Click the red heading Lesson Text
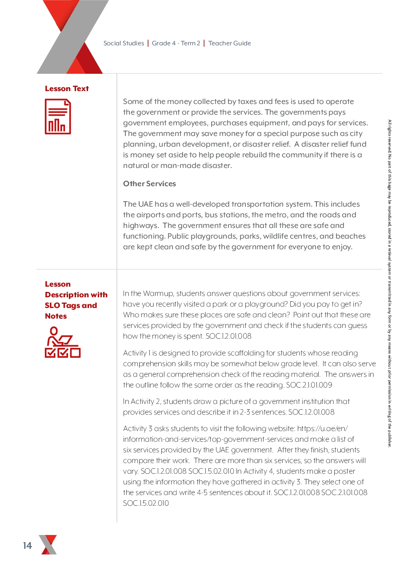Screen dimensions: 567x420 [67, 88]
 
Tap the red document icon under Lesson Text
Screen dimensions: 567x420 [58, 116]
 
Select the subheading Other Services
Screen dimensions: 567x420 [149, 184]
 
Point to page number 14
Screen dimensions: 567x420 [28, 546]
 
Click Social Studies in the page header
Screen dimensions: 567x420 [124, 43]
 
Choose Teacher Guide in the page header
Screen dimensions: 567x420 [229, 43]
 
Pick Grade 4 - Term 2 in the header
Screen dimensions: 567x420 [176, 43]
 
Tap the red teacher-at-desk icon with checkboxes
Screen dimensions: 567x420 [62, 342]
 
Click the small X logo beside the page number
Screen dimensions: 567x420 [48, 545]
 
